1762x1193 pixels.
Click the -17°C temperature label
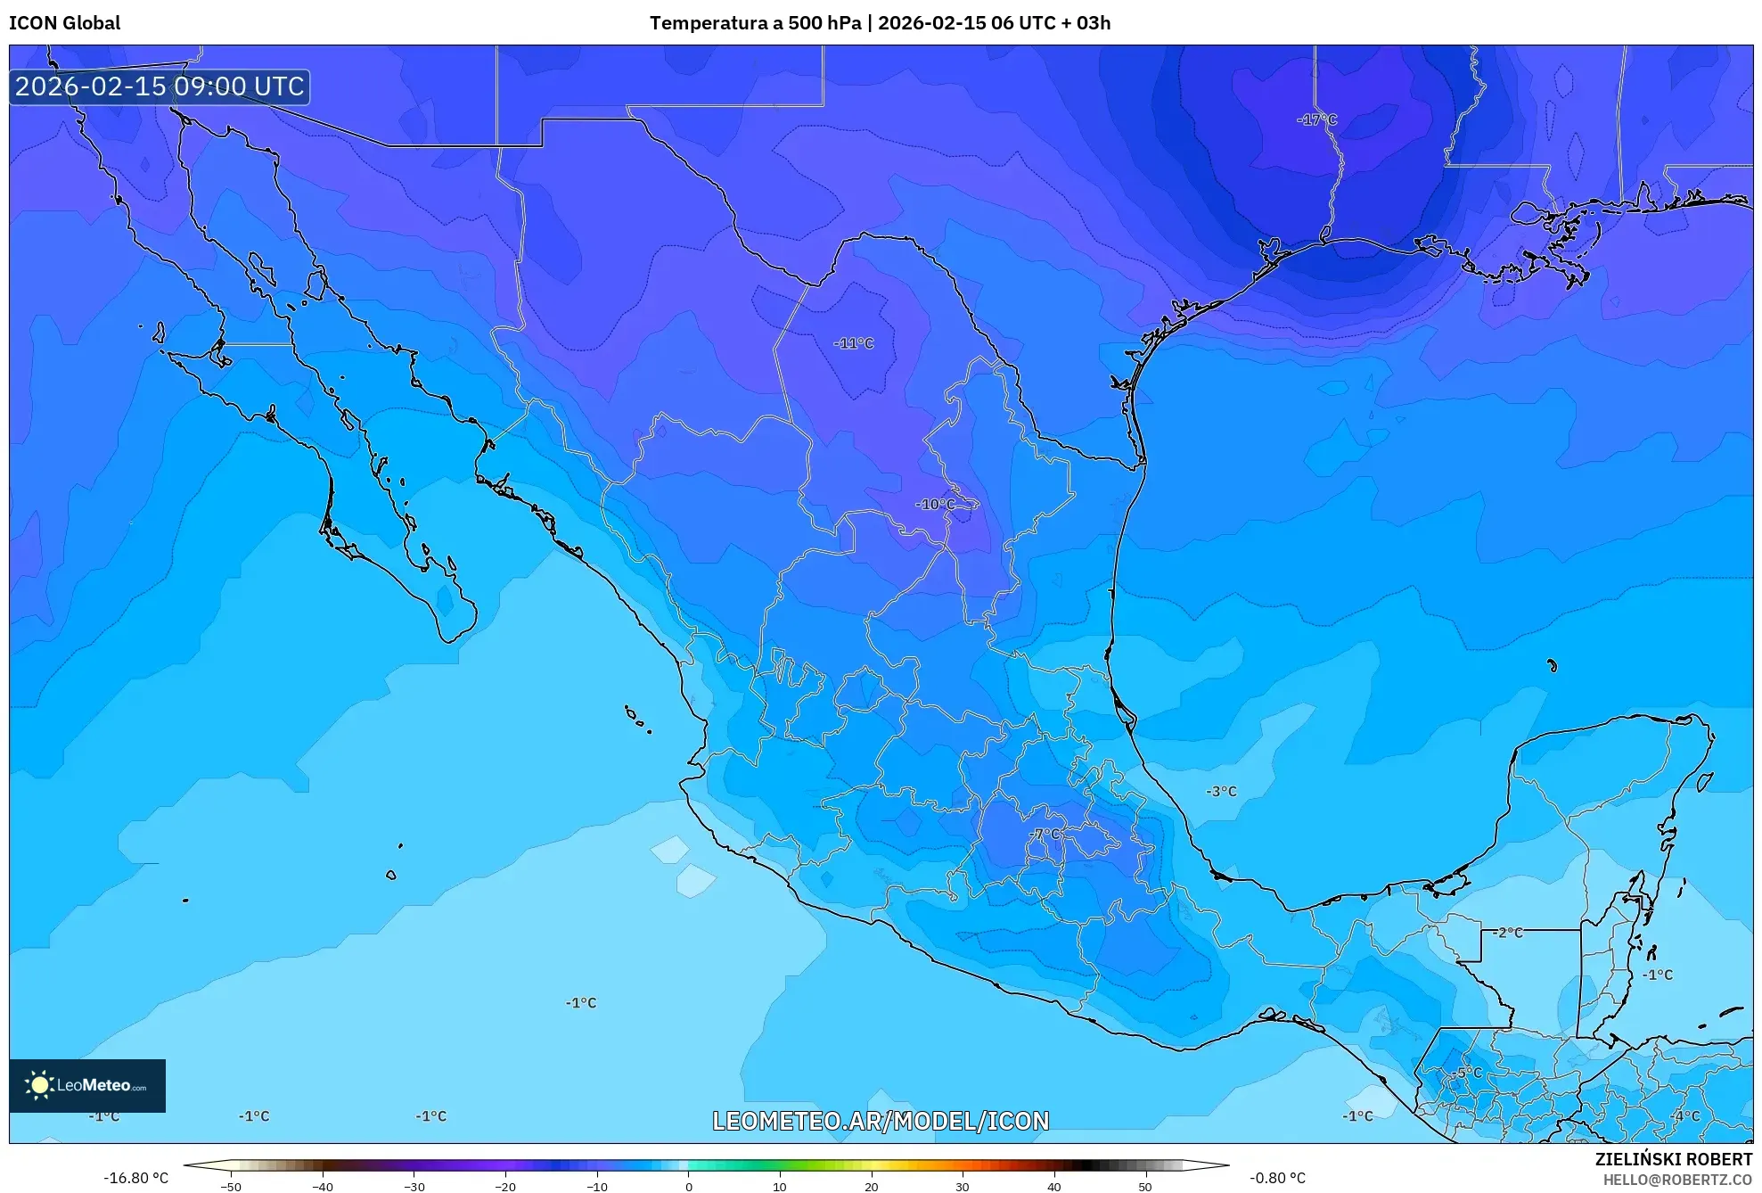point(1316,119)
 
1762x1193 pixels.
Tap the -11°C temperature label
point(853,343)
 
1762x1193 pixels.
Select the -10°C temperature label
point(935,505)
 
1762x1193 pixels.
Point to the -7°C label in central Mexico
point(1045,834)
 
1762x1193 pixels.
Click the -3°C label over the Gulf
point(1221,791)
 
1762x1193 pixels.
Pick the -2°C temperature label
point(1509,933)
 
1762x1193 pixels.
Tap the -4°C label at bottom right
point(1685,1115)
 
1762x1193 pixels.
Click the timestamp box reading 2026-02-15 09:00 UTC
point(160,86)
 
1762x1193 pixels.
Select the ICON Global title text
point(64,23)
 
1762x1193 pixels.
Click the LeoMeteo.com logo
point(87,1085)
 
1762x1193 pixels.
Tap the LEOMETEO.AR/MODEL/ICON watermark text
point(881,1121)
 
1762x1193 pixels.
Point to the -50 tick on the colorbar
point(231,1187)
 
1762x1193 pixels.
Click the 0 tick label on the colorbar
point(688,1187)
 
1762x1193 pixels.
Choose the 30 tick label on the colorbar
point(962,1187)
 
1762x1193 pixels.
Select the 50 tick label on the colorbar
point(1144,1187)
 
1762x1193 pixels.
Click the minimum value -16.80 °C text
point(135,1178)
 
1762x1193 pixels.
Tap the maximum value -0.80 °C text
point(1277,1178)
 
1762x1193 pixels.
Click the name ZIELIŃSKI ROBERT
point(1673,1159)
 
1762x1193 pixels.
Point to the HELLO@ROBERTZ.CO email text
point(1677,1180)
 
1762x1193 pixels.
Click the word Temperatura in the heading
point(703,23)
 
